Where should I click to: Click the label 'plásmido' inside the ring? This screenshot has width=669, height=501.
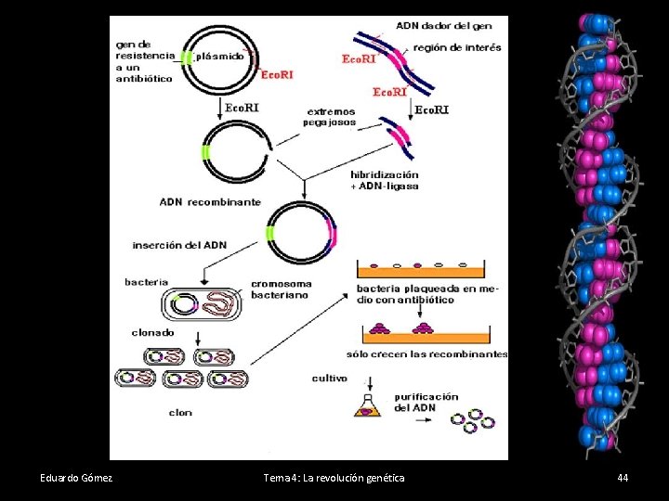(220, 56)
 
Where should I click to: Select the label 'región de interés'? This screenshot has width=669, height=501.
(456, 47)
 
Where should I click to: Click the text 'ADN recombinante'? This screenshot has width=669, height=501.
(210, 202)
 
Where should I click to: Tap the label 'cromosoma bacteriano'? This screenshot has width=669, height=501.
(282, 289)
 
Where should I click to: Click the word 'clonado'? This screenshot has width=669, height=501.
(152, 331)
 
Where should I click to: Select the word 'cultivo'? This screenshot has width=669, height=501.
(330, 378)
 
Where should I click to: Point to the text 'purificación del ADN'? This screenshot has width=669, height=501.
(426, 402)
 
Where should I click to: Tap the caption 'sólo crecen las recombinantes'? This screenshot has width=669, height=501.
(427, 353)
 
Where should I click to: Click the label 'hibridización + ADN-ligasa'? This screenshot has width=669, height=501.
(385, 180)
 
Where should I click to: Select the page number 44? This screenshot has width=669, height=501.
(623, 478)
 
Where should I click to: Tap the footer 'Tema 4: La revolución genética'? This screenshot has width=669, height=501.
(334, 478)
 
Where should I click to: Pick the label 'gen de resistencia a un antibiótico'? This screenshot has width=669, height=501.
(144, 60)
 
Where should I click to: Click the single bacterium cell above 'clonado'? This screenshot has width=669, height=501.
(207, 304)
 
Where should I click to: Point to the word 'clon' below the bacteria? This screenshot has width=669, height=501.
(180, 413)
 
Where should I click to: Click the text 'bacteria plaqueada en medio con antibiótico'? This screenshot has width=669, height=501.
(427, 294)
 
